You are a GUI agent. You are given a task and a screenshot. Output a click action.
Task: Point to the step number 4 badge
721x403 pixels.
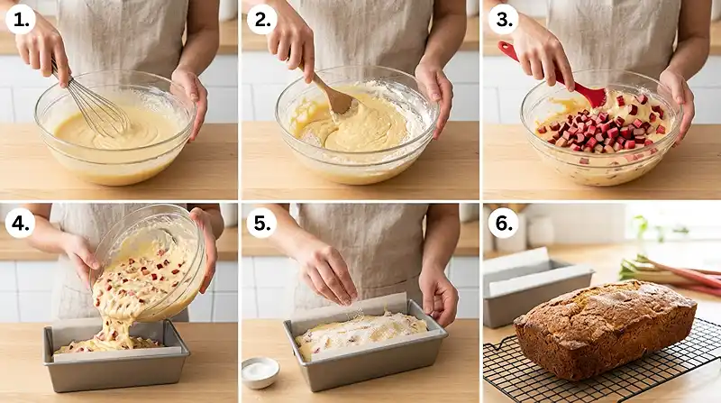(x=20, y=221)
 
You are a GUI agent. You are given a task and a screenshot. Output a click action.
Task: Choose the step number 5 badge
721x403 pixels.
(x=260, y=221)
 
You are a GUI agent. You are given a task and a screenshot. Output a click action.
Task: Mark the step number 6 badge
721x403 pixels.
(x=500, y=221)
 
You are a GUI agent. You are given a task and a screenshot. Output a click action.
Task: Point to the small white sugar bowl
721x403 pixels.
(x=260, y=371)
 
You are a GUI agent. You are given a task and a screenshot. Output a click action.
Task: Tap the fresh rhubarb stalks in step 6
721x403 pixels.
(x=671, y=270)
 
